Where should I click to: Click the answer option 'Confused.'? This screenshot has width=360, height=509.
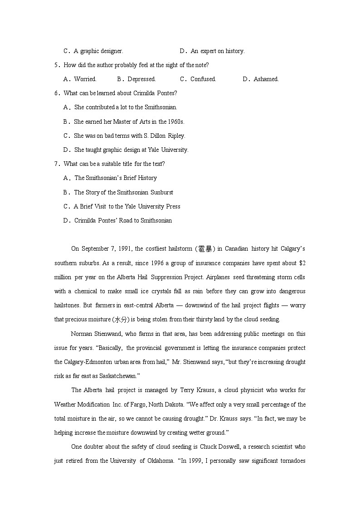pyautogui.click(x=203, y=79)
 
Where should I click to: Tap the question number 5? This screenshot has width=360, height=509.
pyautogui.click(x=57, y=65)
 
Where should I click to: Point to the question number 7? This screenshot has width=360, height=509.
pyautogui.click(x=57, y=164)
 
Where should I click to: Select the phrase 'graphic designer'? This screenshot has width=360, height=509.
pyautogui.click(x=102, y=51)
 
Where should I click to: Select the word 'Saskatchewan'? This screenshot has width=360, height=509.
pyautogui.click(x=104, y=376)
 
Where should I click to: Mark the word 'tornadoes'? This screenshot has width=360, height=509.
pyautogui.click(x=292, y=461)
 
